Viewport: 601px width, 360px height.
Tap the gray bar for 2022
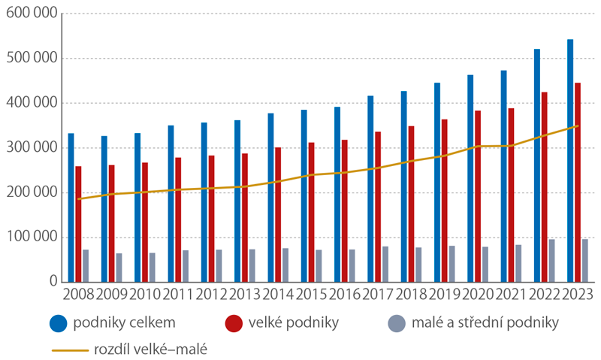[552, 261]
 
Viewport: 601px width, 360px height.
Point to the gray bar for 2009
[119, 268]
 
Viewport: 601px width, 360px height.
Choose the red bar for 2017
[377, 207]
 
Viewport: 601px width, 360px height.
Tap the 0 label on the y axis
[52, 282]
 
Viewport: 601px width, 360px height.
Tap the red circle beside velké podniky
[234, 323]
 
